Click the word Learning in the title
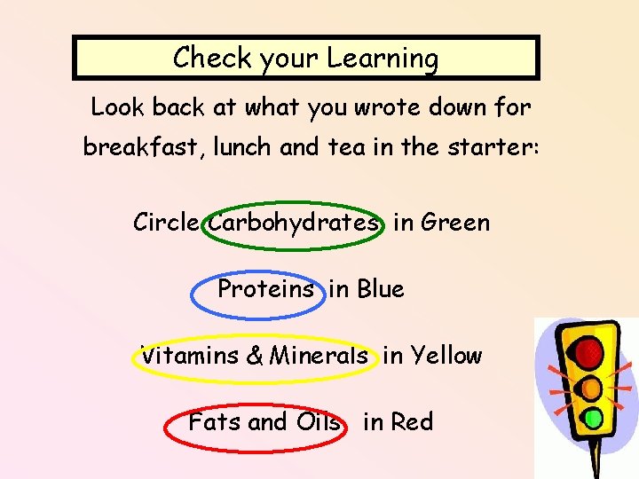tap(383, 59)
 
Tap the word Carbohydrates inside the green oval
tap(294, 223)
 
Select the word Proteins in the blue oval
tap(265, 289)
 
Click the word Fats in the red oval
tap(213, 422)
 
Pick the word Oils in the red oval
tap(317, 422)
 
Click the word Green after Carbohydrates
tap(455, 223)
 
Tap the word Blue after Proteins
tap(380, 289)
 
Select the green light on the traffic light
tap(593, 417)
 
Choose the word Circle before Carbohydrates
tap(168, 223)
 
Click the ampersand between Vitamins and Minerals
tap(255, 357)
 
